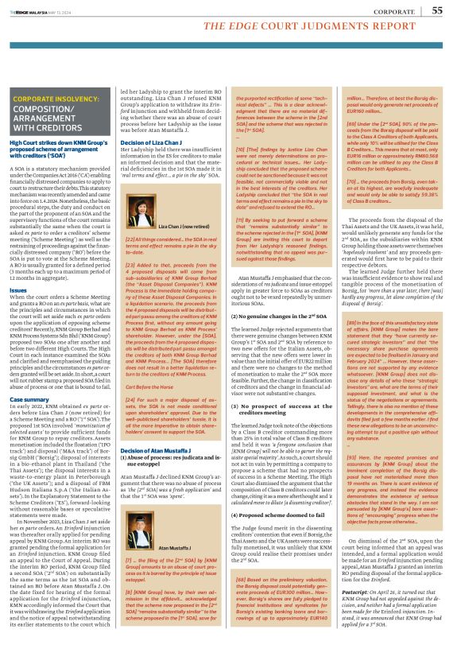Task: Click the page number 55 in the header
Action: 437,10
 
